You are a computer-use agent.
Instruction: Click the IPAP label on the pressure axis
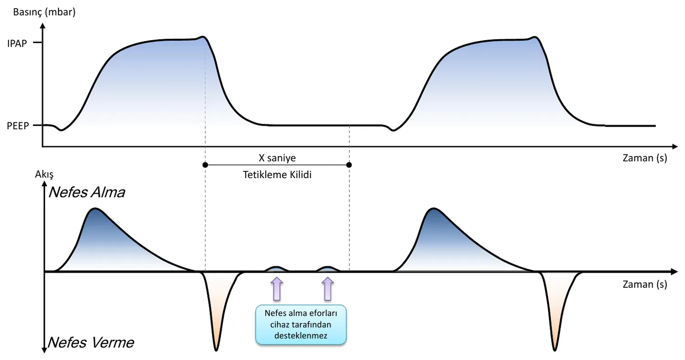point(17,43)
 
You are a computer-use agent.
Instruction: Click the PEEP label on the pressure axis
point(18,126)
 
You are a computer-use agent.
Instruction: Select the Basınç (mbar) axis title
point(44,12)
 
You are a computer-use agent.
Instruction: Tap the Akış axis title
point(44,175)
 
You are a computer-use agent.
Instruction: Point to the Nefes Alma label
point(87,192)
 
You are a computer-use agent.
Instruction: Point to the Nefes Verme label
point(91,342)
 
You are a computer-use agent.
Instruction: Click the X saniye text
point(277,158)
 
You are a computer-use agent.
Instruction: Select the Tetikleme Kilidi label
point(277,175)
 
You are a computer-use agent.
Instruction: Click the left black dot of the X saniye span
point(205,165)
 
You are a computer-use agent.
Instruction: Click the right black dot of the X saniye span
point(349,165)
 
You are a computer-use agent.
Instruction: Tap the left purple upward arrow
point(277,289)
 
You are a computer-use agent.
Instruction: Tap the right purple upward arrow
point(328,289)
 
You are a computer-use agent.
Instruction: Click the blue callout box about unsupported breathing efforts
point(301,324)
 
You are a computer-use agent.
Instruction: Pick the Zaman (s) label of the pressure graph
point(645,158)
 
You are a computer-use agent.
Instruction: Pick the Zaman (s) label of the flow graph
point(645,285)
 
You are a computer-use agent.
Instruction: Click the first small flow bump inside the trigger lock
point(276,269)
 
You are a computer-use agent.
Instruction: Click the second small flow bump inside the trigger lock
point(328,269)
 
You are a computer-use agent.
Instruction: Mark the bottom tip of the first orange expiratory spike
point(216,350)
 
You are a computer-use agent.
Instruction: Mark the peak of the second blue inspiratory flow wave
point(434,209)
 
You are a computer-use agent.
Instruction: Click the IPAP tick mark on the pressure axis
point(37,42)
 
